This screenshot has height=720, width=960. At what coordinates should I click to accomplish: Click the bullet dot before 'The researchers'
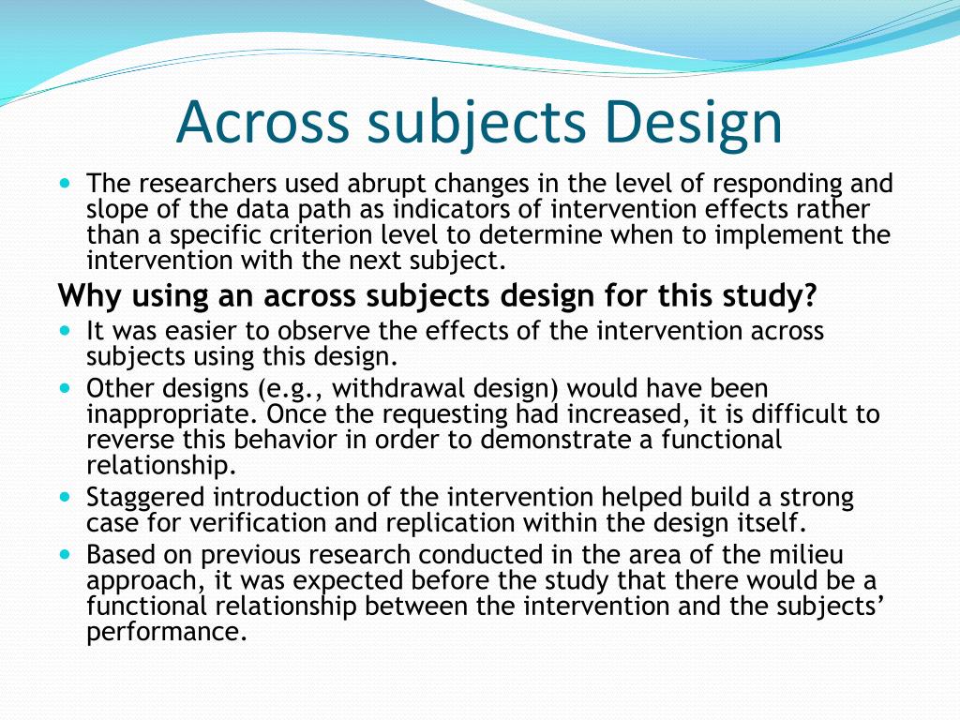tap(67, 183)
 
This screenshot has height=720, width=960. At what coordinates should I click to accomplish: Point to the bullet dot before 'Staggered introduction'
tap(67, 497)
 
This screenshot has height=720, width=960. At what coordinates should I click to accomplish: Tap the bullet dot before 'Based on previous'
tap(67, 554)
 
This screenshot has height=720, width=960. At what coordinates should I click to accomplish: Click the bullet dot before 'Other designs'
tap(67, 388)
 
